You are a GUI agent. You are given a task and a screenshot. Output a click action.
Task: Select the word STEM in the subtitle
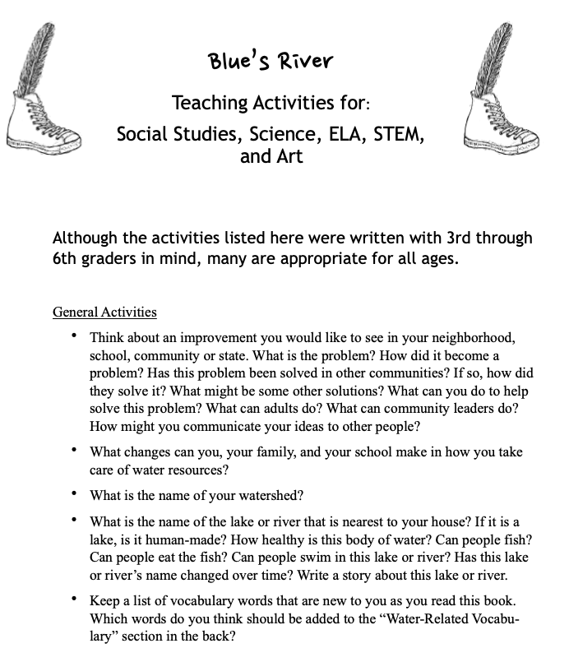click(397, 133)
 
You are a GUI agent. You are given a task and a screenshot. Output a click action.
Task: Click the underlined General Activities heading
click(104, 312)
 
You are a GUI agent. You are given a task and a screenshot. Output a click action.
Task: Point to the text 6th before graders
click(67, 258)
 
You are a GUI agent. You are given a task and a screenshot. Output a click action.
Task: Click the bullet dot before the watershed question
click(75, 494)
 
